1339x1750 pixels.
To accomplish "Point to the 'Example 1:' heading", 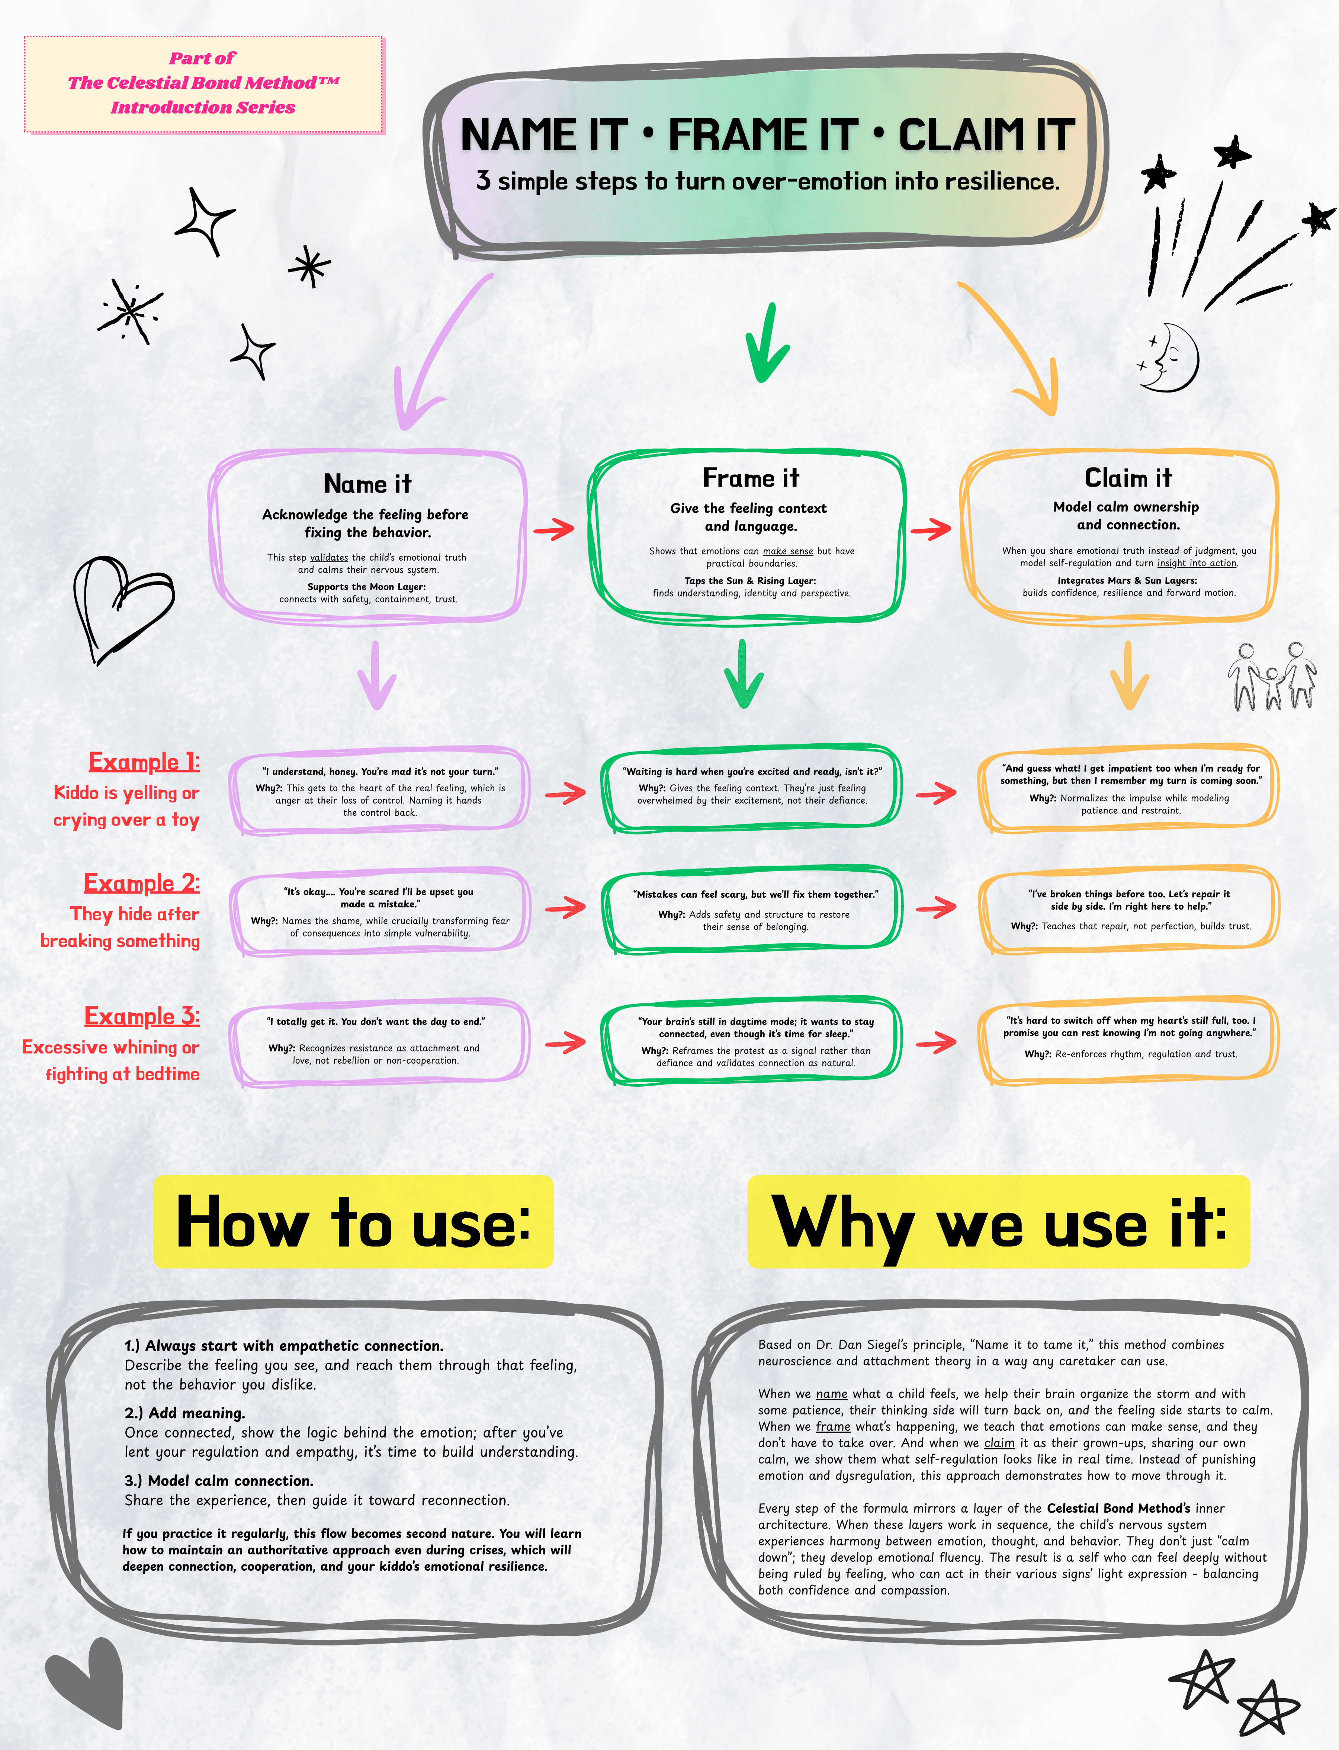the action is pyautogui.click(x=144, y=762).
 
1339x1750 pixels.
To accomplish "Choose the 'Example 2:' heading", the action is pyautogui.click(x=142, y=884).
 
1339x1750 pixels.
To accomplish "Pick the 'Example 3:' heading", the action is pyautogui.click(x=142, y=1016).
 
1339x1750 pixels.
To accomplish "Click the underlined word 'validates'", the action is pyautogui.click(x=329, y=557).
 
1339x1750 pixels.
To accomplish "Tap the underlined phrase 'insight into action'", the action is pyautogui.click(x=1196, y=563).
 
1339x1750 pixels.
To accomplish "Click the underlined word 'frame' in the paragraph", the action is pyautogui.click(x=833, y=1426).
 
